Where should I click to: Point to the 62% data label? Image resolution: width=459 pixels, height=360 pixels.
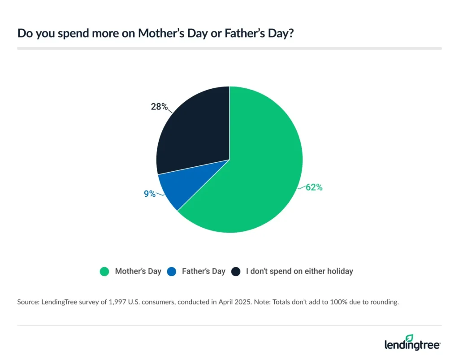click(314, 187)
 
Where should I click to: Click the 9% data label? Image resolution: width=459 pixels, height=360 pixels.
click(150, 194)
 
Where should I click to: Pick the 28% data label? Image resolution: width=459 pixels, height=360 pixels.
click(159, 107)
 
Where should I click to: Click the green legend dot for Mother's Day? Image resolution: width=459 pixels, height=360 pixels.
click(104, 271)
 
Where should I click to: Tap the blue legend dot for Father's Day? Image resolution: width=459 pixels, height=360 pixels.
click(171, 271)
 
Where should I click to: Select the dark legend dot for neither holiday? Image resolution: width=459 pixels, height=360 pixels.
click(236, 271)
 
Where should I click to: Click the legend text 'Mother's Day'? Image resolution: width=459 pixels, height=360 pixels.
click(138, 271)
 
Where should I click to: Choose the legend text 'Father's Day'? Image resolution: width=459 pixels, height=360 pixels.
click(204, 271)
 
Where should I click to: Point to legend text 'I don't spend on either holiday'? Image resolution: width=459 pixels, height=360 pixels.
click(299, 271)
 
